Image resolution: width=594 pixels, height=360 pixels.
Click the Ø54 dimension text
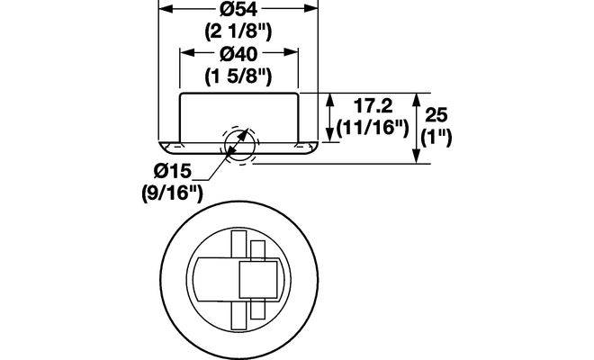(x=238, y=10)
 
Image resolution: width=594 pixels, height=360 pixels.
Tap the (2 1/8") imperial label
(x=238, y=31)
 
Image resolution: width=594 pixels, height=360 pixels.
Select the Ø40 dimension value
(x=238, y=54)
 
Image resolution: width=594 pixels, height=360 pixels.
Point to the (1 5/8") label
(x=238, y=76)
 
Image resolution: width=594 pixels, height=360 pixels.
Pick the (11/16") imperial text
(x=373, y=128)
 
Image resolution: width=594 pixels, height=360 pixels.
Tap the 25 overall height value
(x=436, y=114)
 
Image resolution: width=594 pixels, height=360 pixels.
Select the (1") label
(x=436, y=137)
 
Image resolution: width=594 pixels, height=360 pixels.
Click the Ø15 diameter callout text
(x=173, y=171)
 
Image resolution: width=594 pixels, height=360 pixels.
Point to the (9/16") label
(x=173, y=194)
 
